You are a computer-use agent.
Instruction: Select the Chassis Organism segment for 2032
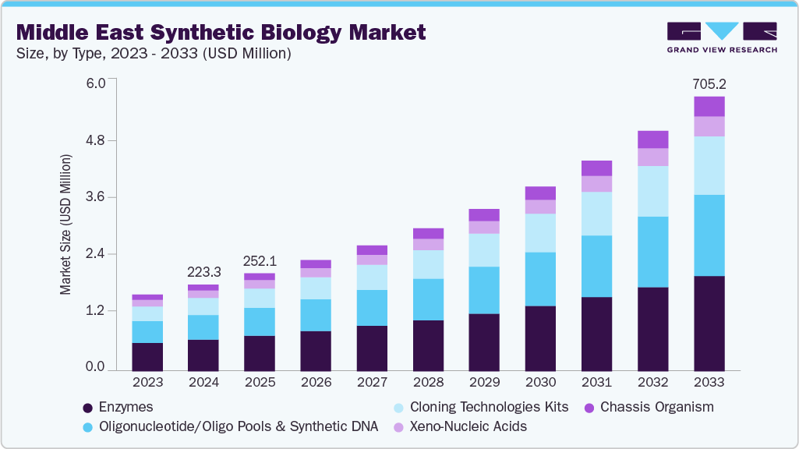[652, 140]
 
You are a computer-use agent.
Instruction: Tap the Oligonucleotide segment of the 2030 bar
[540, 279]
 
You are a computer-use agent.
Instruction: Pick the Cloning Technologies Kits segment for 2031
[596, 214]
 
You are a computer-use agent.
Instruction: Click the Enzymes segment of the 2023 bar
[147, 355]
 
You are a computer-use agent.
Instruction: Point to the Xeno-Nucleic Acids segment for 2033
[709, 126]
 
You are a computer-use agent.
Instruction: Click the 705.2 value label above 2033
[709, 84]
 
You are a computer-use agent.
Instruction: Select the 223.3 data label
[203, 272]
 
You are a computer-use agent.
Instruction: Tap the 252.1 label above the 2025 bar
[260, 261]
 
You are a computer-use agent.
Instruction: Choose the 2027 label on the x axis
[372, 384]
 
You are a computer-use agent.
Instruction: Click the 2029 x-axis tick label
[484, 384]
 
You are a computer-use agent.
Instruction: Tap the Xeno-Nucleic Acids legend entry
[468, 426]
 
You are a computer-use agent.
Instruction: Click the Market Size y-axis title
[65, 224]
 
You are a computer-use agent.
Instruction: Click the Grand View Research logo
[721, 37]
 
